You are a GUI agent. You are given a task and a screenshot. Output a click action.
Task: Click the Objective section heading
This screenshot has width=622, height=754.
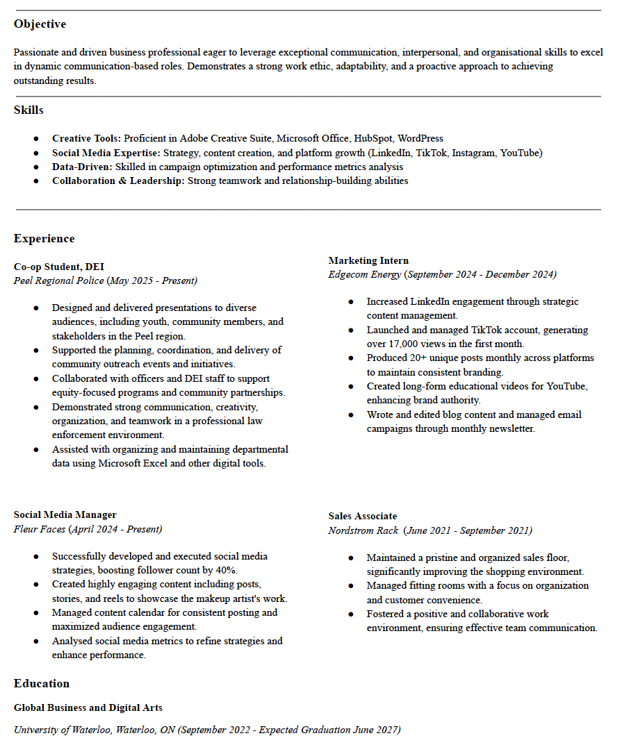40,24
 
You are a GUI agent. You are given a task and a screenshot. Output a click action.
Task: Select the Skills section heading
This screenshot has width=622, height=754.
28,110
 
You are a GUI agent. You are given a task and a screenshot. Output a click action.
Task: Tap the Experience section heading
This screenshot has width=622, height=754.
44,239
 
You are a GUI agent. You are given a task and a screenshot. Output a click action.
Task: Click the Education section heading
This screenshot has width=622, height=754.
42,684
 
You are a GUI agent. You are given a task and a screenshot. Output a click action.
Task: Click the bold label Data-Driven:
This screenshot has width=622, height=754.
82,167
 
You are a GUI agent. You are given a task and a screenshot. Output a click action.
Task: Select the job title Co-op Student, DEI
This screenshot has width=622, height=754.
58,267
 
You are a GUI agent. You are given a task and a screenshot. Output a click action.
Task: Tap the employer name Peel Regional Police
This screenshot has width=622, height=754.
59,280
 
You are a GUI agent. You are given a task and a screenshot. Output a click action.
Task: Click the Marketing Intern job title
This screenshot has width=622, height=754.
368,260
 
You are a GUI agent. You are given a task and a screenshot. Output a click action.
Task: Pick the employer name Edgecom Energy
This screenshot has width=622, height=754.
365,274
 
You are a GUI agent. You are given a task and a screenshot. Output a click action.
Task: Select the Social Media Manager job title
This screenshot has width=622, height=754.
65,515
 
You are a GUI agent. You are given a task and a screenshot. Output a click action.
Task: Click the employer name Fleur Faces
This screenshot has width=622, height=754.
40,529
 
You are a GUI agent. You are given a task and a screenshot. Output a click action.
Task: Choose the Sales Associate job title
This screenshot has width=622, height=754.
363,517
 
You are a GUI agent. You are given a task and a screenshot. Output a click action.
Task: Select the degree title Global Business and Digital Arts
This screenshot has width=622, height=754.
88,708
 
